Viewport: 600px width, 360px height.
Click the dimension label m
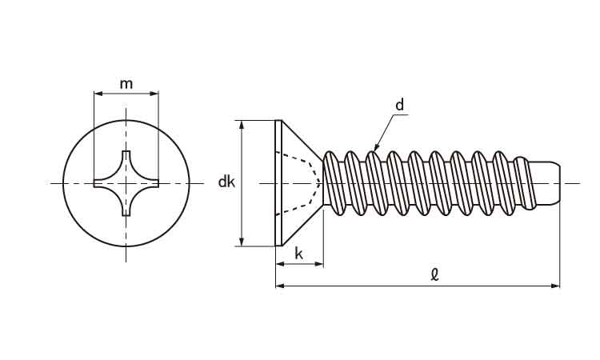(126, 84)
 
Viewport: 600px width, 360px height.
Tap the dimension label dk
(226, 182)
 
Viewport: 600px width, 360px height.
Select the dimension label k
(298, 254)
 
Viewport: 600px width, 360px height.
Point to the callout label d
(399, 105)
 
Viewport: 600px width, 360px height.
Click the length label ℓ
(434, 274)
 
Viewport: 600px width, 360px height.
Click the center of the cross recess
(126, 183)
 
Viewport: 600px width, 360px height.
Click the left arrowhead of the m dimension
(97, 94)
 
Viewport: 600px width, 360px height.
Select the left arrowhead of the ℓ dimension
(278, 285)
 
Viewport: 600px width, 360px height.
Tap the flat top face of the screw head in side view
(277, 183)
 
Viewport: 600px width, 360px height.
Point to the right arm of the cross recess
(153, 183)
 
